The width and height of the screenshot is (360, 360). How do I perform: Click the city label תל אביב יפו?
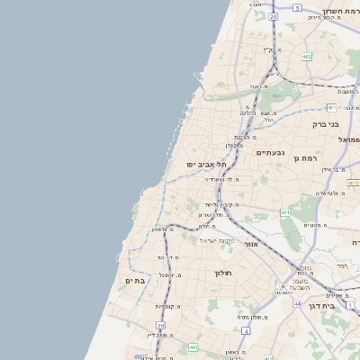[x=206, y=165]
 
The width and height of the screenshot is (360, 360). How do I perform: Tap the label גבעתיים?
[x=269, y=153]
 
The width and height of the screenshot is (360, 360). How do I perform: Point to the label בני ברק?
[x=325, y=124]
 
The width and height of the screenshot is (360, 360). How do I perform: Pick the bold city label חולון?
[x=223, y=273]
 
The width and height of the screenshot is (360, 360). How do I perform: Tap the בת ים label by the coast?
[x=135, y=281]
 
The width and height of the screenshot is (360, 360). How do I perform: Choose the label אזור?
[x=251, y=244]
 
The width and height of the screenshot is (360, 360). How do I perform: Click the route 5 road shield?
[x=297, y=7]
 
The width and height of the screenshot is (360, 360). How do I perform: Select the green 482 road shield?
[x=307, y=57]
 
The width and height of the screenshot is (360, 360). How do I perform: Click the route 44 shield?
[x=297, y=304]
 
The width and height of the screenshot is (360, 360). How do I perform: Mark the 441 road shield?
[x=193, y=346]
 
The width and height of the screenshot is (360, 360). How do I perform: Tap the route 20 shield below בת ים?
[x=161, y=325]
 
